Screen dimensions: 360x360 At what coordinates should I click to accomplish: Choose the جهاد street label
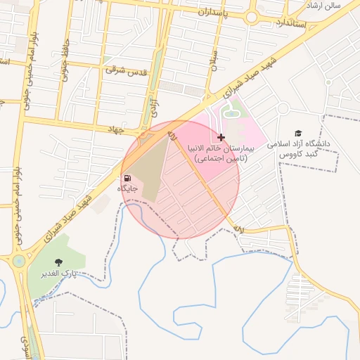115,130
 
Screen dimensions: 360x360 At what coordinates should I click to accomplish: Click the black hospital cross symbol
221,137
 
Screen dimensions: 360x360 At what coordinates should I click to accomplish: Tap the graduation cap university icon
297,133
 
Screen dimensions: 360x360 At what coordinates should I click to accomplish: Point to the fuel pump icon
127,178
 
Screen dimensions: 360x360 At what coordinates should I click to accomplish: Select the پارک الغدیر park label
58,272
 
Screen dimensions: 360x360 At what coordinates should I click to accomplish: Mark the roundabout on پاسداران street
251,15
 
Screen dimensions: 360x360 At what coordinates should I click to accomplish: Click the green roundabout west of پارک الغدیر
18,262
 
